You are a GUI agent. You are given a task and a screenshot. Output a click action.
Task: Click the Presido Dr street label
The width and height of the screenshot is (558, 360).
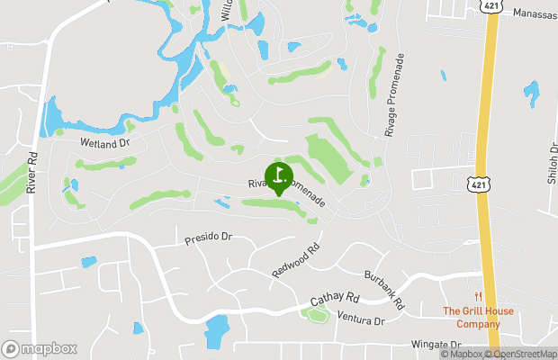coord(208,239)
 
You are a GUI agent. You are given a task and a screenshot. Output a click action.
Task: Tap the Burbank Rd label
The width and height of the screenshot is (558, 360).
coord(391,287)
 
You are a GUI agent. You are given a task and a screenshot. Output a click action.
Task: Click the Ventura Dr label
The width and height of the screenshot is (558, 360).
coord(361,319)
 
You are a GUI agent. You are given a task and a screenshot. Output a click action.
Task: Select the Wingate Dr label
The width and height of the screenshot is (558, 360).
coord(436,344)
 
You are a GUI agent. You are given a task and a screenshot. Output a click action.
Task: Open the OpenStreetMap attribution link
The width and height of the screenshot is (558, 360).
coord(520,354)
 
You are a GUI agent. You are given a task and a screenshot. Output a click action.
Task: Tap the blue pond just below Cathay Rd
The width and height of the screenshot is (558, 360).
coord(217,330)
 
